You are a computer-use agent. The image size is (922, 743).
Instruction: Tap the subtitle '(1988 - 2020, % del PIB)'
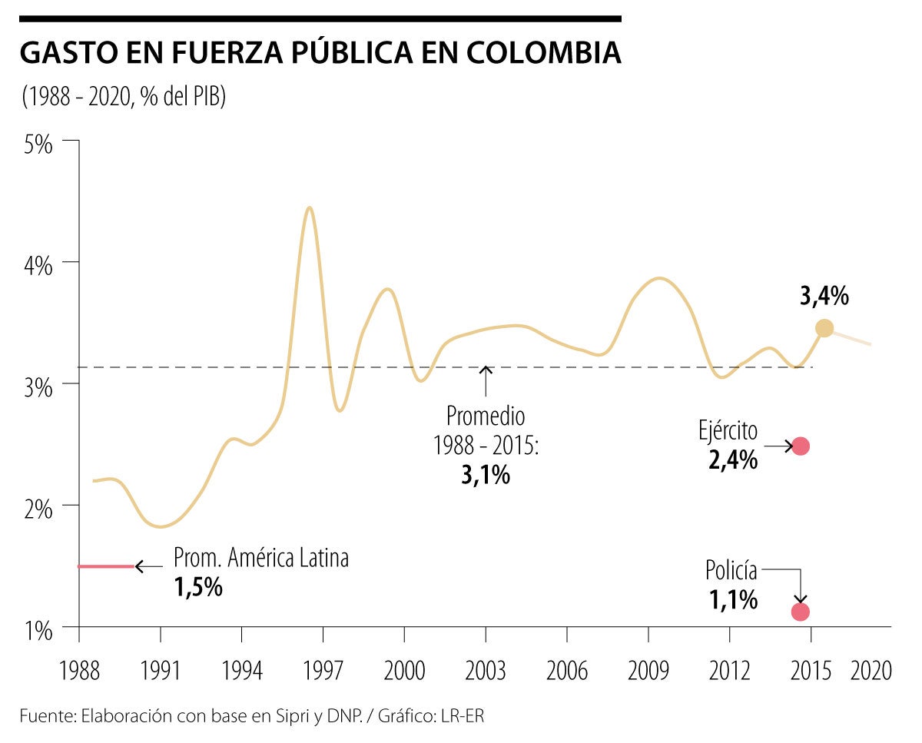click(x=124, y=98)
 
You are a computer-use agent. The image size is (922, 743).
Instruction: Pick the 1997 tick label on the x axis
click(x=323, y=671)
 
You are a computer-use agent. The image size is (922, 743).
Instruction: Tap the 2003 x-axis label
click(x=486, y=671)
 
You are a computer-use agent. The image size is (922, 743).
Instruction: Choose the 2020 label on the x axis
click(x=871, y=671)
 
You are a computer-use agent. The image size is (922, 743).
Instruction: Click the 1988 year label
click(x=79, y=671)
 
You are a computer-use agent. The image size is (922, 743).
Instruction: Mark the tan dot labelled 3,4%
click(x=824, y=328)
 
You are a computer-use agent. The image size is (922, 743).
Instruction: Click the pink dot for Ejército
click(x=801, y=446)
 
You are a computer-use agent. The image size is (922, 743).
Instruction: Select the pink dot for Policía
click(x=801, y=612)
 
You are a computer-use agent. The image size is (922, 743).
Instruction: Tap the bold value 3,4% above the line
click(x=824, y=297)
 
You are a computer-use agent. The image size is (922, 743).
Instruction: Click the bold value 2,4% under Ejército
click(x=733, y=460)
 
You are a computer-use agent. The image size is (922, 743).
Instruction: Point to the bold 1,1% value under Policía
click(x=733, y=599)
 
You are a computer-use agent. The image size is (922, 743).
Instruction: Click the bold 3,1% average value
click(x=486, y=475)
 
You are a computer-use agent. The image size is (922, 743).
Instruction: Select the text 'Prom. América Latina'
click(x=261, y=558)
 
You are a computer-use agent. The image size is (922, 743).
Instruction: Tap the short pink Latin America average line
click(x=107, y=566)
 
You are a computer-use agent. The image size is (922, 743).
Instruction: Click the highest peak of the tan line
click(x=309, y=208)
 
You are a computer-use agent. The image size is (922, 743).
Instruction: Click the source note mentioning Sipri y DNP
click(x=253, y=717)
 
